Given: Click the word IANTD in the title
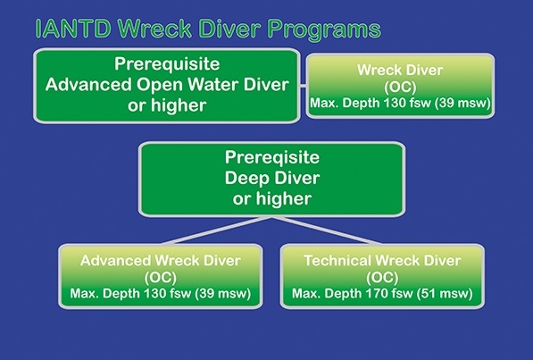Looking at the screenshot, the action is tap(73, 29).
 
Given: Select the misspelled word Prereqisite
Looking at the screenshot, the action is tap(272, 157).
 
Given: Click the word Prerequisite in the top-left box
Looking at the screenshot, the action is tap(167, 64).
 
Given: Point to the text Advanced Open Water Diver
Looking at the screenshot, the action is tap(167, 84).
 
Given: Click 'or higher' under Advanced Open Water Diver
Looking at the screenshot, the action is tap(167, 105).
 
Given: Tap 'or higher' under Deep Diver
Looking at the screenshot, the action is tap(272, 198).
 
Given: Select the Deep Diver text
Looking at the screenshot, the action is tap(272, 178).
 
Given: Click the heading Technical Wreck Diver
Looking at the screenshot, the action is tap(382, 261).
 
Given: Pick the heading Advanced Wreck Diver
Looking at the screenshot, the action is tap(161, 261).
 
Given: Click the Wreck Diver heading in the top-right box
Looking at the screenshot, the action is tap(400, 70).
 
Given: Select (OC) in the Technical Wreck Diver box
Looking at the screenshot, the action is tap(382, 278).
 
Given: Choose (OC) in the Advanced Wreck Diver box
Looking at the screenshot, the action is tap(161, 278).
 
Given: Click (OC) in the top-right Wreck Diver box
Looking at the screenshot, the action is tap(400, 88).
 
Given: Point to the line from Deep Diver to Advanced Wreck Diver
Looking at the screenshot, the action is tap(217, 230).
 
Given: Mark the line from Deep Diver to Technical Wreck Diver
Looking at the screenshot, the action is tap(327, 230).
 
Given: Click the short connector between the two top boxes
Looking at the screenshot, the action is tap(303, 86).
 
